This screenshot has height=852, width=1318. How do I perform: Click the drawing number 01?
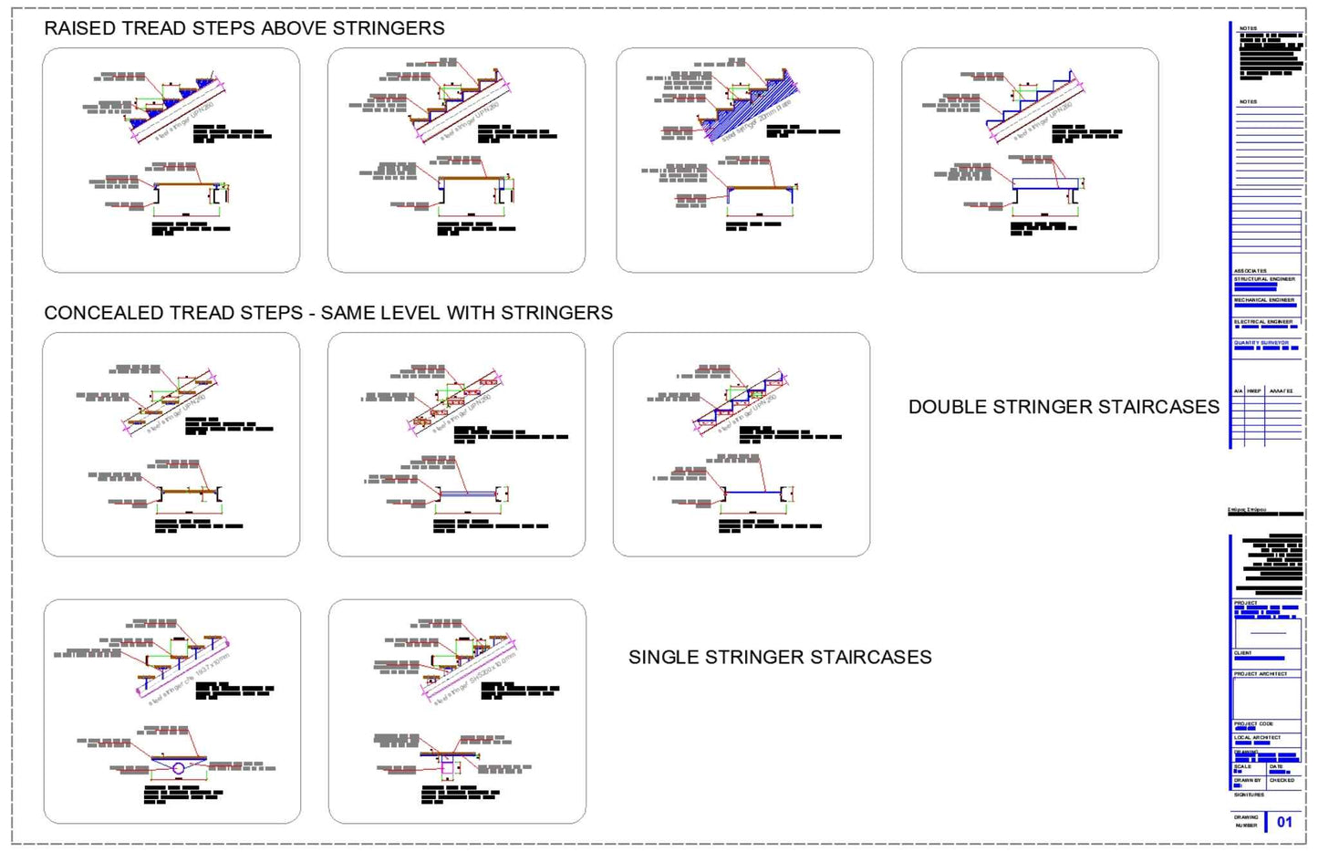click(1284, 822)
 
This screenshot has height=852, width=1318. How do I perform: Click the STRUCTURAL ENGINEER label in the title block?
click(1264, 279)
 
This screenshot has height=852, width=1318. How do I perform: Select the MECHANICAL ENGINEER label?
click(1264, 299)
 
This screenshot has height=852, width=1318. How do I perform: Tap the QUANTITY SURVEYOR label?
click(1261, 343)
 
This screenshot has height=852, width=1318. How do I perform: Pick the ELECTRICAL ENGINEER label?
click(1263, 321)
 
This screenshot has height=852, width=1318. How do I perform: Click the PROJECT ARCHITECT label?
click(1261, 673)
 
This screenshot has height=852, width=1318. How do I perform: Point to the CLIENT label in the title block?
click(1243, 653)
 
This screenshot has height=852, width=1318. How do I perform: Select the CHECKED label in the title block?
click(1282, 780)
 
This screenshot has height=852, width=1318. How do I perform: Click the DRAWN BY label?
click(1247, 780)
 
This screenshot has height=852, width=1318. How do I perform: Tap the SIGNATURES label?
click(1249, 795)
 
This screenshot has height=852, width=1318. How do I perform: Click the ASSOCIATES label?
click(1250, 271)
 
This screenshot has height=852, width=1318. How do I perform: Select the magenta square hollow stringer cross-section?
click(448, 768)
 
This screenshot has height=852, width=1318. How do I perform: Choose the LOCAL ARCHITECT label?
click(1257, 737)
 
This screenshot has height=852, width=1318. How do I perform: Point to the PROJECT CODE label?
click(1253, 723)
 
